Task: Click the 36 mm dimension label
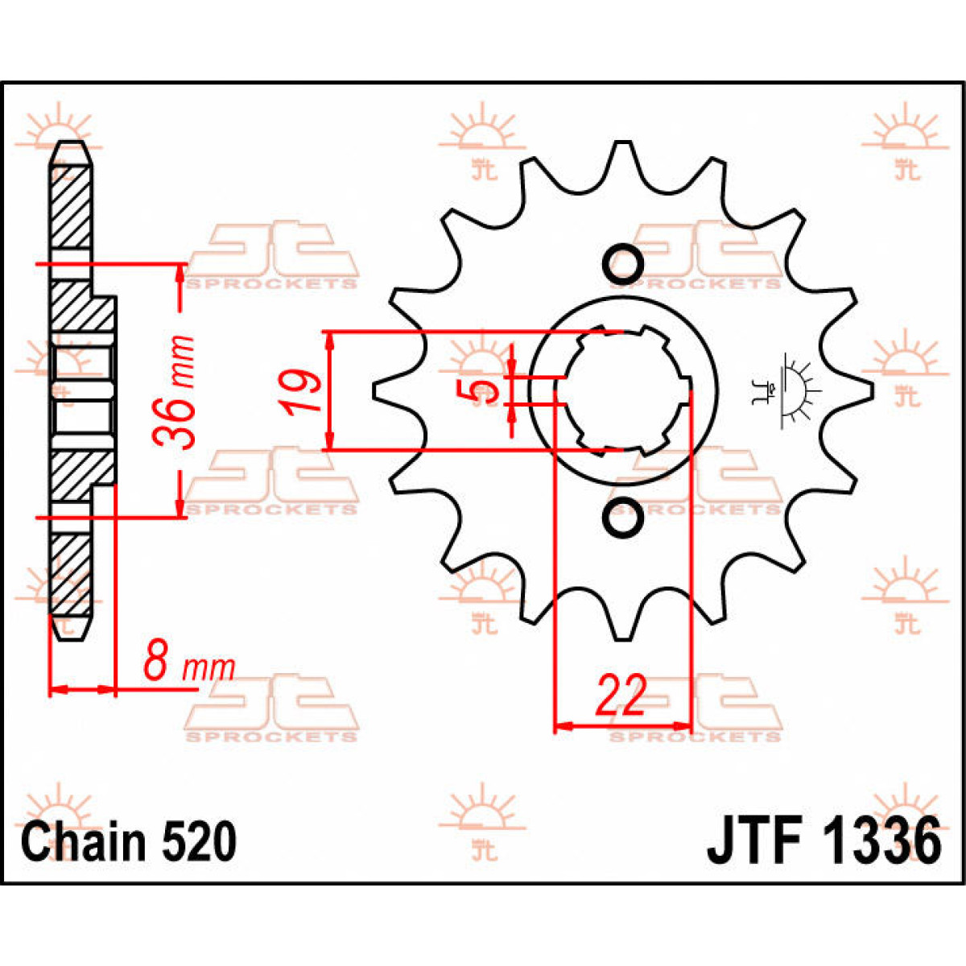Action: (175, 392)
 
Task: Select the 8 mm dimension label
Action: (188, 666)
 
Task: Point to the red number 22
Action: (621, 696)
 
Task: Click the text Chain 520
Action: (129, 842)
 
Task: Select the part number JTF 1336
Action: (824, 842)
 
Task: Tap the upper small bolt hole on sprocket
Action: (622, 263)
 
